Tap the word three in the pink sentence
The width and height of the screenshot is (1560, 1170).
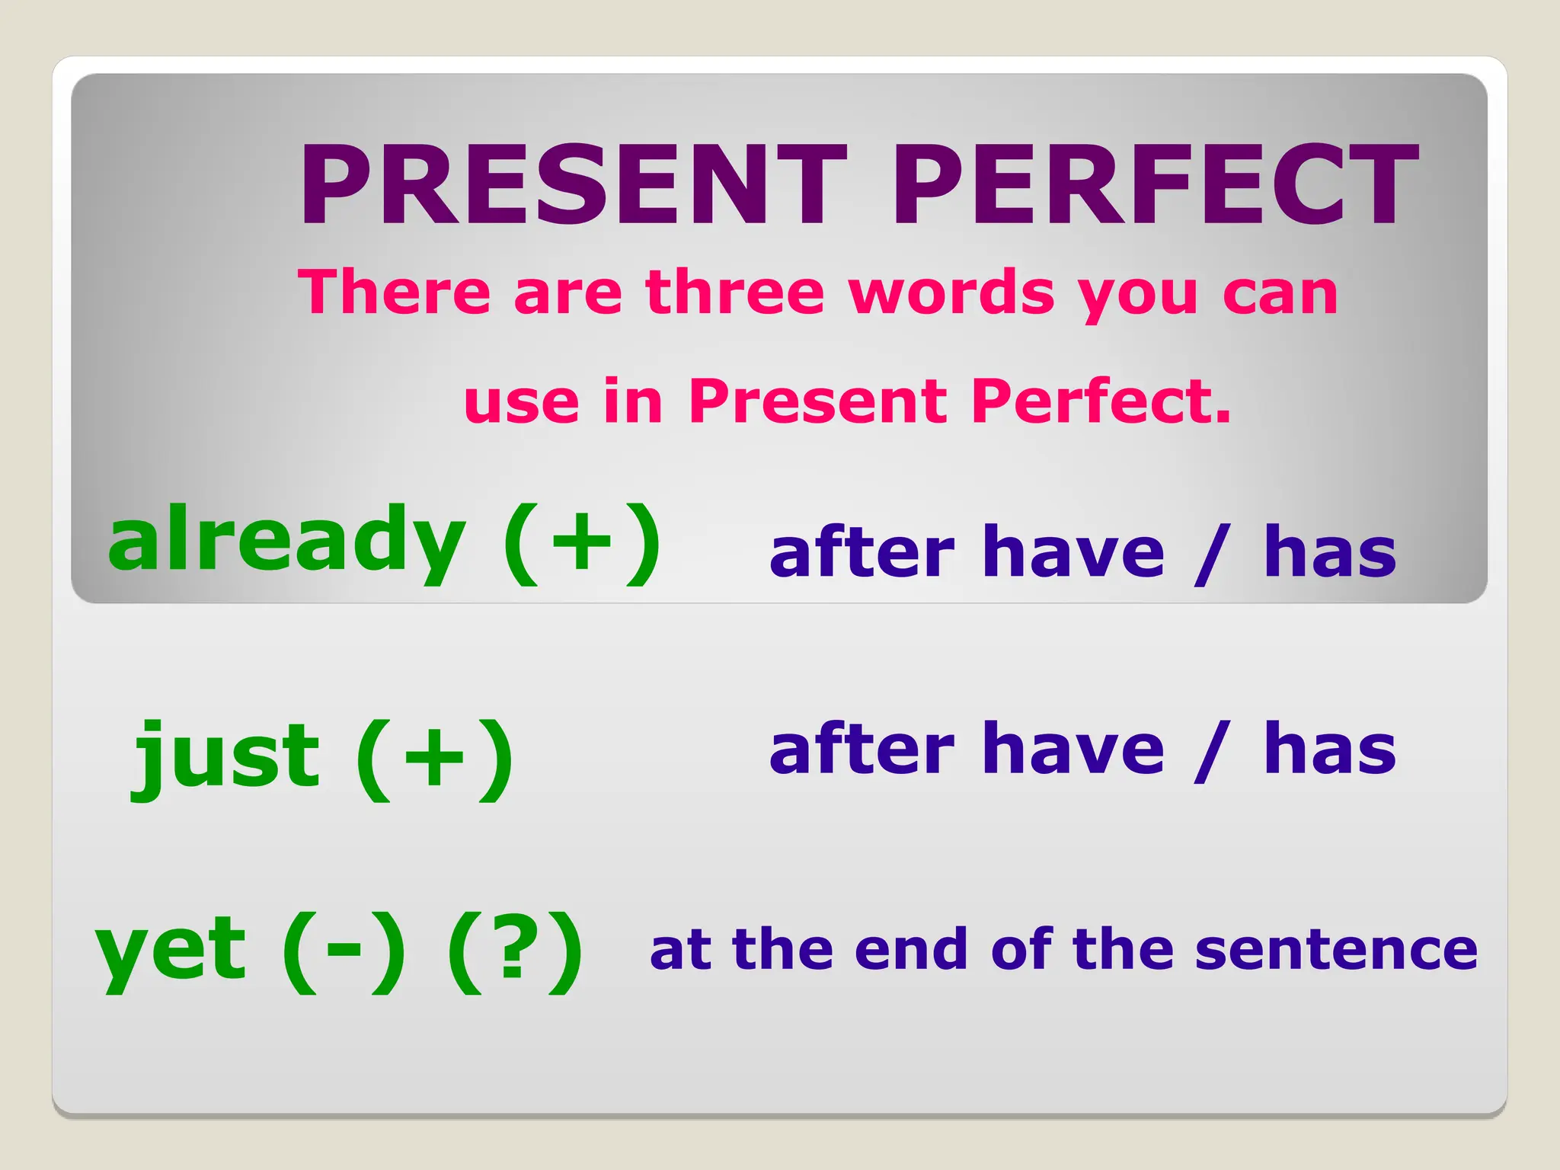(x=735, y=292)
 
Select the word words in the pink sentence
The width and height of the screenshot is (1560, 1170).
(x=952, y=292)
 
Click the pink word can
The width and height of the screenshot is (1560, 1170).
(x=1280, y=294)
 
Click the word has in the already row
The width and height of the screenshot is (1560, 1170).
(x=1329, y=551)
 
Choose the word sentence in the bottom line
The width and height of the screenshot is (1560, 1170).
(x=1336, y=950)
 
